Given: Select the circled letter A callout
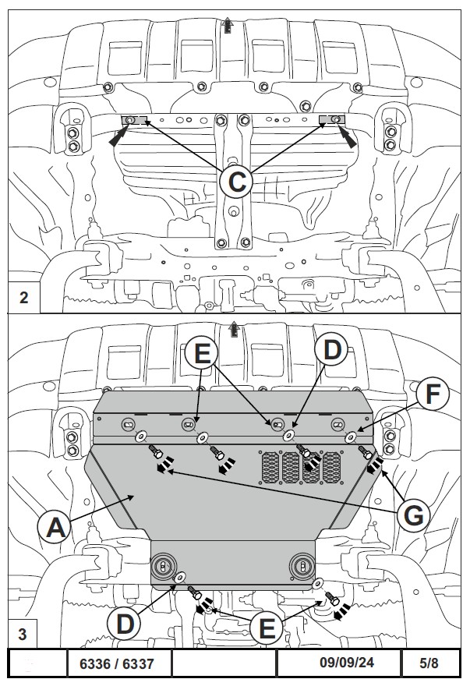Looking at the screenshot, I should pyautogui.click(x=55, y=528).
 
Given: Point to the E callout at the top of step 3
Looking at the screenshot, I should pyautogui.click(x=202, y=353).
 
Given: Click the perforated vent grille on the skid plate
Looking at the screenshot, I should pyautogui.click(x=299, y=465).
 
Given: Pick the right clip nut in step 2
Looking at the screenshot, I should pyautogui.click(x=332, y=118).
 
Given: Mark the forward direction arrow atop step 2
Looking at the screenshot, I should pyautogui.click(x=228, y=24).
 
